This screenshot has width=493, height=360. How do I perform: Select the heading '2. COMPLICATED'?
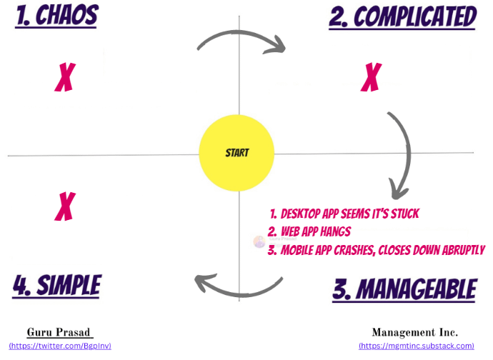(402, 16)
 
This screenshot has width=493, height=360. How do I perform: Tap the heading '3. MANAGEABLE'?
(404, 289)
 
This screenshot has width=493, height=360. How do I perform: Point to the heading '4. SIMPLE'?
(57, 285)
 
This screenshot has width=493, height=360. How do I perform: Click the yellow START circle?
(237, 153)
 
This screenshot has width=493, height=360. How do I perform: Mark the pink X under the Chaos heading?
(65, 77)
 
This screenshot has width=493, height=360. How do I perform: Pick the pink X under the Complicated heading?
(371, 76)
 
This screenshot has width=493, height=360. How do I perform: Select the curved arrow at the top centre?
(241, 41)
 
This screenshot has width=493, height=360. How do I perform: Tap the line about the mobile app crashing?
(376, 250)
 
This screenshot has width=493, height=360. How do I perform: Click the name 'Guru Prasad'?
(60, 332)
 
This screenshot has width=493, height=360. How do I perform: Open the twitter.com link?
(60, 346)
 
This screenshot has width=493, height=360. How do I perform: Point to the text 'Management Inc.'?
(415, 332)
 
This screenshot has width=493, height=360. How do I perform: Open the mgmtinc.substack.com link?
(416, 346)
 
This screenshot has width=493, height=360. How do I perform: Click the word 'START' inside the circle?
(237, 153)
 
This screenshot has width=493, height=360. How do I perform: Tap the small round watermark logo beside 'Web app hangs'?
(259, 241)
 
